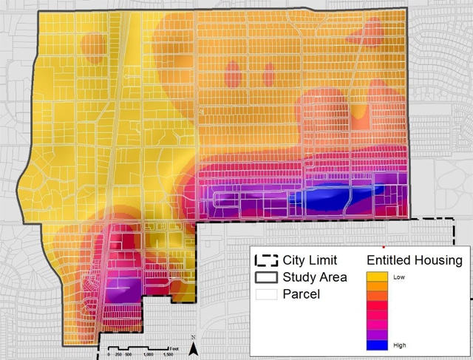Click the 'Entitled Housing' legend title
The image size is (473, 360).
[x=414, y=260]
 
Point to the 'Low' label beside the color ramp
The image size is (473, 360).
[x=400, y=276]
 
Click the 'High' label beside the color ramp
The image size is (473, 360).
[x=401, y=344]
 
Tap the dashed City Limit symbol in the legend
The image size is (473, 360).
[x=266, y=260]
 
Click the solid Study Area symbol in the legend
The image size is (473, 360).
[x=266, y=278]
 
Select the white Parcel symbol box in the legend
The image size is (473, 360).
[x=266, y=296]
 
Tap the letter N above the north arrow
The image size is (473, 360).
[x=192, y=337]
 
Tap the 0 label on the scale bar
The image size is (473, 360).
[x=108, y=355]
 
